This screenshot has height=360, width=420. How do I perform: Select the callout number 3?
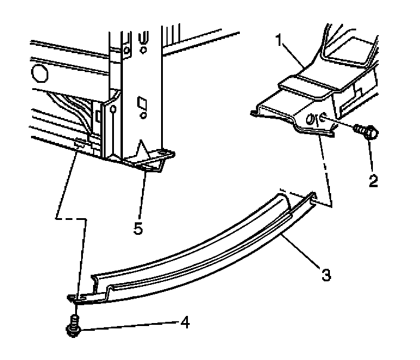click(x=325, y=275)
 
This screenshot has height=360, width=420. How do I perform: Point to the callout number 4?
click(x=186, y=323)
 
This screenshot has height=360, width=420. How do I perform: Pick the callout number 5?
click(x=138, y=228)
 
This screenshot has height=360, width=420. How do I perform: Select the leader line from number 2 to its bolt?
click(x=370, y=155)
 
